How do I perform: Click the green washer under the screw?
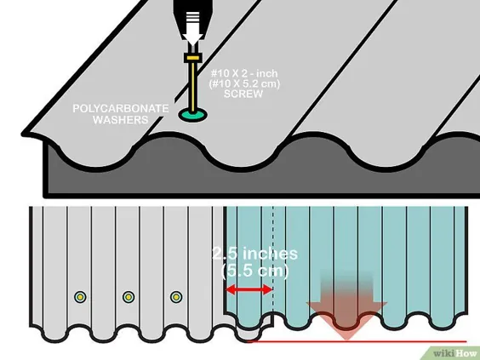coord(193,115)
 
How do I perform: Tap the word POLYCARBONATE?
coord(120,109)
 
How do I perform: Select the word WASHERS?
coord(120,120)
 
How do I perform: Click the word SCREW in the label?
coord(243,94)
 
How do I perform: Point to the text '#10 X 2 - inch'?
coord(244,73)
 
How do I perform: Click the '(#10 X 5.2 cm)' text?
coord(244,83)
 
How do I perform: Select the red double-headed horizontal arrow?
coord(249,289)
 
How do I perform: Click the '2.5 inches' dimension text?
coord(254,254)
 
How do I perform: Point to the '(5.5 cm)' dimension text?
coord(254,271)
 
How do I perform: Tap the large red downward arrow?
coord(347,306)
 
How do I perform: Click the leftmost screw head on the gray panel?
coord(80,297)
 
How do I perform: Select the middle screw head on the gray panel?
coord(129,297)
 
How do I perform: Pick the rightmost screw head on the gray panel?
coord(176,297)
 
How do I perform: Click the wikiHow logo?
coord(455,353)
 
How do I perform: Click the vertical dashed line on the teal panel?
coord(273,260)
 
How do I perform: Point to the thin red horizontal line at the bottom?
coord(357,341)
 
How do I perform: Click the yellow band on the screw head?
coord(193,58)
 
